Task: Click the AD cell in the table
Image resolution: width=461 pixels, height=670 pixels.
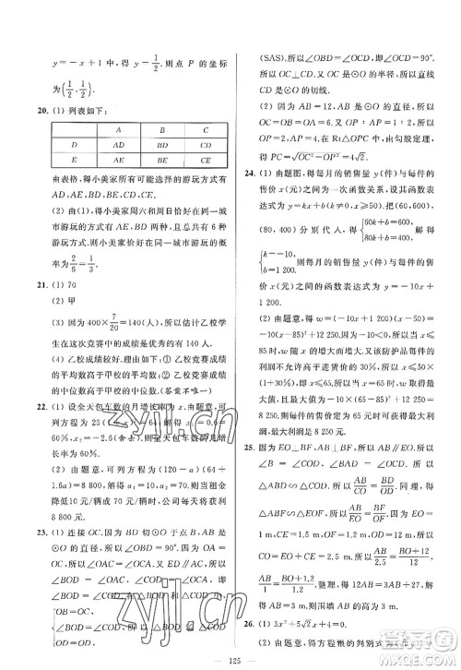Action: click(120, 146)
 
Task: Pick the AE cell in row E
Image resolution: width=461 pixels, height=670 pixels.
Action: click(120, 160)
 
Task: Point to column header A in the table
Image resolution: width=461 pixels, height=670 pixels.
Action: click(120, 131)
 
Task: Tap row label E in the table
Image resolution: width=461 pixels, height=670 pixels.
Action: click(74, 160)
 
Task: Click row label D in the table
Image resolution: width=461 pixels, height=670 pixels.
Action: click(74, 146)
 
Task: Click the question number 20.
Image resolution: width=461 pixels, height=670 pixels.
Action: click(32, 111)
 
